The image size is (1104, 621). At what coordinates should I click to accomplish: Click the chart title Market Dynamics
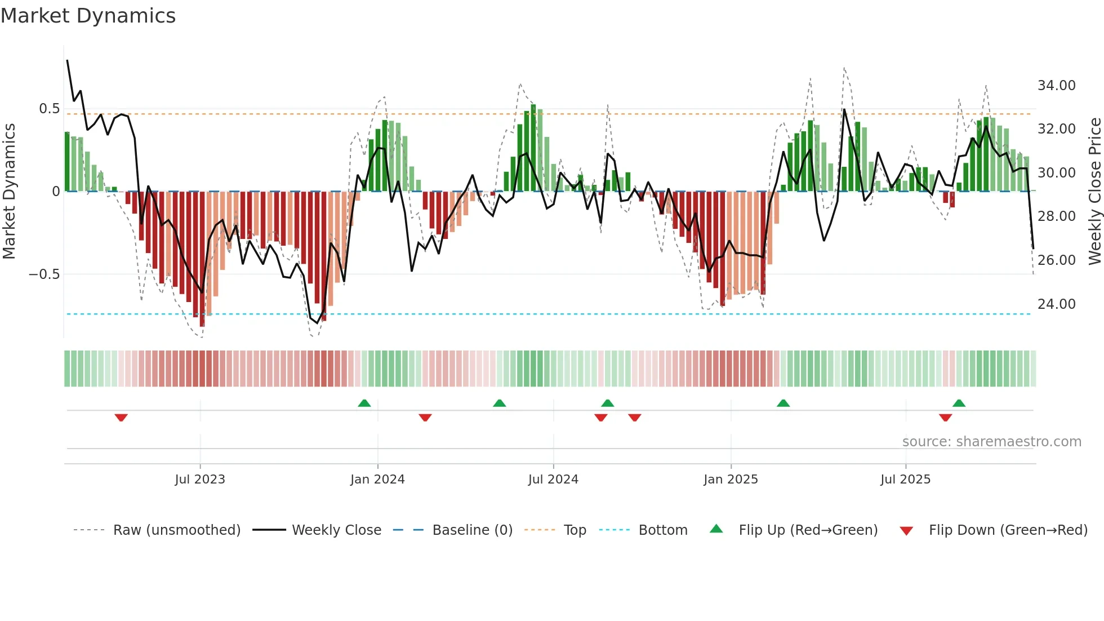click(x=88, y=16)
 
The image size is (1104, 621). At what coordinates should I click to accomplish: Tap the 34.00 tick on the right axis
click(x=1056, y=86)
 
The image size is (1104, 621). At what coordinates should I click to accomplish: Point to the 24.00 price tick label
click(x=1056, y=304)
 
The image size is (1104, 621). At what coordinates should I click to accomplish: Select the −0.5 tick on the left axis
click(x=44, y=274)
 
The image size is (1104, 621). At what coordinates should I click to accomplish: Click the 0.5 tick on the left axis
click(x=49, y=109)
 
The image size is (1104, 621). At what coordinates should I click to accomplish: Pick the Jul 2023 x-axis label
click(x=200, y=480)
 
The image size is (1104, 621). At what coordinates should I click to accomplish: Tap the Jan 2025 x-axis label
click(x=731, y=480)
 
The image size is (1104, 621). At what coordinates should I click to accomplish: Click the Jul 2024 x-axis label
click(x=553, y=480)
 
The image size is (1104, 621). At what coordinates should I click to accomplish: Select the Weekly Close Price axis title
click(x=1094, y=192)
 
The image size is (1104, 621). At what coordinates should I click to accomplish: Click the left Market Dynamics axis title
click(x=9, y=192)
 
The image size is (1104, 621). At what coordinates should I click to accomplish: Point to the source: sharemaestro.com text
click(x=991, y=442)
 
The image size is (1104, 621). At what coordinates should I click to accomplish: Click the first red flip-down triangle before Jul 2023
click(x=121, y=418)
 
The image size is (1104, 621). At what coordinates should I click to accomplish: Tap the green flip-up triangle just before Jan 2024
click(x=364, y=403)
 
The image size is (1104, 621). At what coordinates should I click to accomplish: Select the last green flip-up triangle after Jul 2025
click(x=959, y=403)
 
